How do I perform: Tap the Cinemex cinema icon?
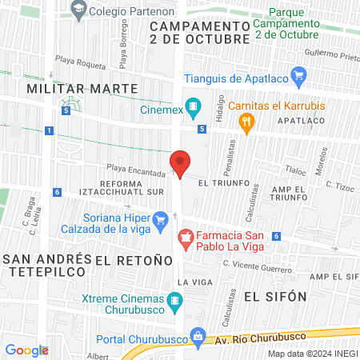[193, 106]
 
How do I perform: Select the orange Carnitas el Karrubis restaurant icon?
[246, 122]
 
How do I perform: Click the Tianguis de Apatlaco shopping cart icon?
[299, 78]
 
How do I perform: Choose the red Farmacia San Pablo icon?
[186, 238]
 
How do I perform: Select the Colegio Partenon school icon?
[78, 10]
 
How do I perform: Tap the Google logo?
[26, 350]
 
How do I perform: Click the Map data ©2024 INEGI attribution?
[312, 353]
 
